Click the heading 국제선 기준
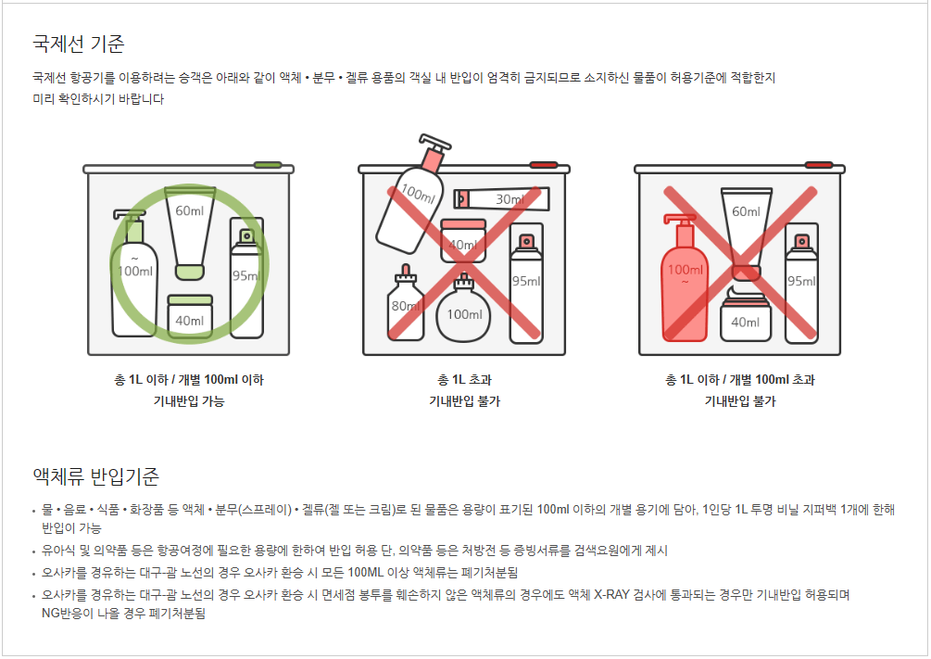click(x=79, y=44)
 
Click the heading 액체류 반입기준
click(x=95, y=476)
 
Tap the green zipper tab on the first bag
click(x=268, y=165)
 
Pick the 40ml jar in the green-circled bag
click(x=190, y=317)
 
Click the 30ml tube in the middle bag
click(x=502, y=199)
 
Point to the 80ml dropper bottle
click(x=406, y=304)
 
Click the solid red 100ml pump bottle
click(x=685, y=278)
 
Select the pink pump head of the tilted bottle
click(x=434, y=151)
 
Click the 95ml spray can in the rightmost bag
click(x=801, y=283)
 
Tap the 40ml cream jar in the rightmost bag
click(x=745, y=314)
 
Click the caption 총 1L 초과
click(x=464, y=380)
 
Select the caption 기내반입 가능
click(x=189, y=401)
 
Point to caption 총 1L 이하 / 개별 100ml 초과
click(x=740, y=380)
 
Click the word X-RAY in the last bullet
click(x=611, y=595)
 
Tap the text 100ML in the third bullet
click(x=365, y=573)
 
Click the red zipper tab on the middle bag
click(x=543, y=165)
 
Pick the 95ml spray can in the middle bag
click(x=526, y=283)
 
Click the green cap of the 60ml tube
click(x=190, y=272)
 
